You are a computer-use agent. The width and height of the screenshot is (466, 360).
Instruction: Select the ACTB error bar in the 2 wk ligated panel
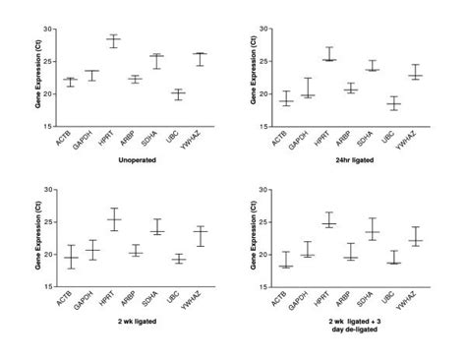tap(70, 257)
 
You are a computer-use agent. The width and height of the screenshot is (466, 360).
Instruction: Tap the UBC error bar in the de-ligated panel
tap(393, 258)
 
